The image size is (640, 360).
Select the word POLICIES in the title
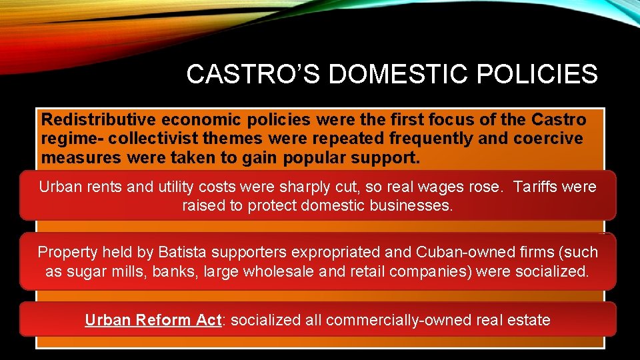(543, 75)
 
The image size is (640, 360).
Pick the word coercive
(547, 139)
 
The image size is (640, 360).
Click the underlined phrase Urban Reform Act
(153, 320)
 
